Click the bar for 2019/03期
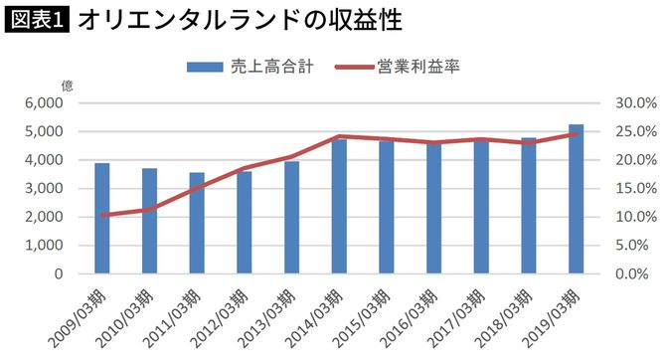576,199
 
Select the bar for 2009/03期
101,219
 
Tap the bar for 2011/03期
197,224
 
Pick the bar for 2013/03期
291,218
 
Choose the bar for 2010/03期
149,221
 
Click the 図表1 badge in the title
37,20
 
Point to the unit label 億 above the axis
68,84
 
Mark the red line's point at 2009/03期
101,214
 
